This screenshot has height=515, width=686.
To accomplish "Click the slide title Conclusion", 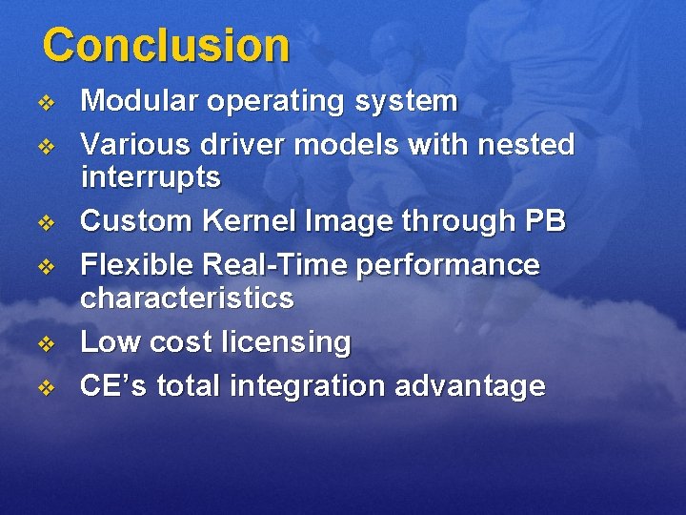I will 166,45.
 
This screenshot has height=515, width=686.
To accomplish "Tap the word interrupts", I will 151,176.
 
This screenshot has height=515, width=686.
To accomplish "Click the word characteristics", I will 187,298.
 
